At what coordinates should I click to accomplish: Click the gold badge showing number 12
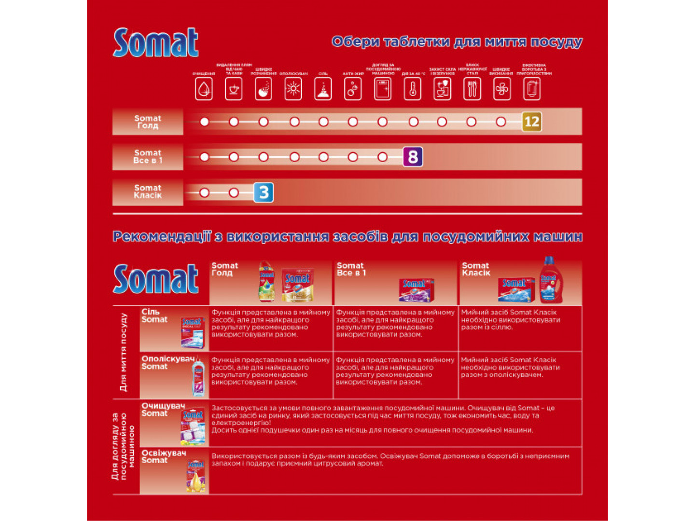pos(531,122)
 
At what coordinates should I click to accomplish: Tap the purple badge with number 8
pos(413,157)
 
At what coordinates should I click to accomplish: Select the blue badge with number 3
pos(264,192)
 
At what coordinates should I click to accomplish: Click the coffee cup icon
pos(234,89)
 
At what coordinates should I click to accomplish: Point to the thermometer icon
pos(413,89)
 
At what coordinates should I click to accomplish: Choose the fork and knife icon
pos(472,89)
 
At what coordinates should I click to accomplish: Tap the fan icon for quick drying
pos(502,89)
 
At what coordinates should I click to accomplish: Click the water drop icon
pos(204,89)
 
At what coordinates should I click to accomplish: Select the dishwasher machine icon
pos(383,89)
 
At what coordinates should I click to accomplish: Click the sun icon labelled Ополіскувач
pos(293,89)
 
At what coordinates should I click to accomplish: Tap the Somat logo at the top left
pos(155,42)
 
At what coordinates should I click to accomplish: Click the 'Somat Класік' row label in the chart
pos(148,192)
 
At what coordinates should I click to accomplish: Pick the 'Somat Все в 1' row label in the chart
pos(148,156)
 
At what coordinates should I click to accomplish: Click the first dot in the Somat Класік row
pos(204,192)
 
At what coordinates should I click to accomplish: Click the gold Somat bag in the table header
pos(297,285)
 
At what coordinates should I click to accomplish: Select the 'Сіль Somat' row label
pos(154,315)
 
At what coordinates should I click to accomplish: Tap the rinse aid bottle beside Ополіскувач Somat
pos(198,378)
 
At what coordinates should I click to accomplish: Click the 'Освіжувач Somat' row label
pos(164,456)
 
